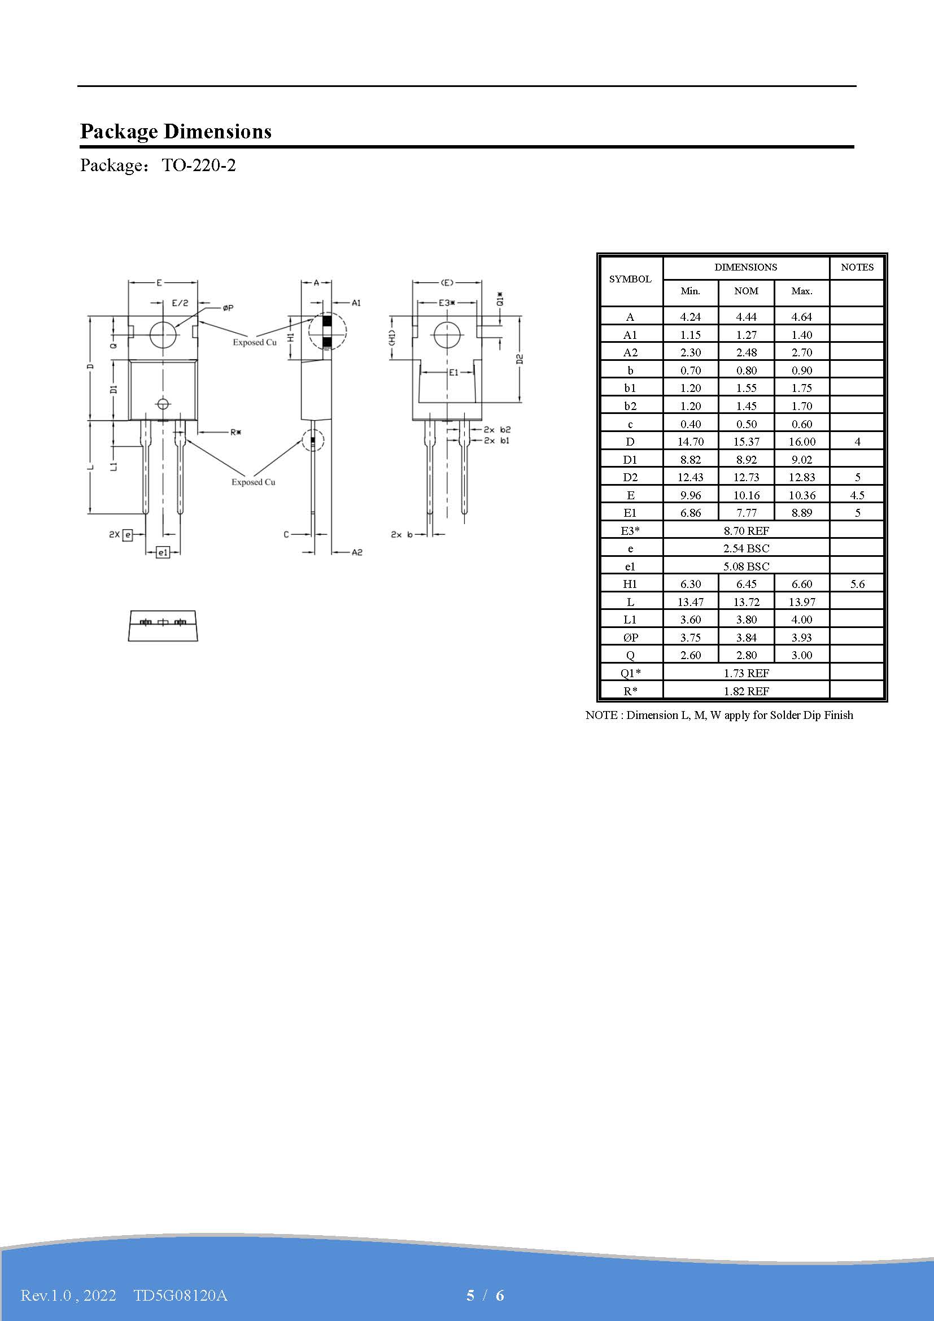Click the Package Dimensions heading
tap(176, 131)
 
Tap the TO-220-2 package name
tap(198, 165)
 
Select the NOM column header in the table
tap(746, 291)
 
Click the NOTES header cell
tap(857, 267)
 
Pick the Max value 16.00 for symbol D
tap(802, 442)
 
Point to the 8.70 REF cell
tap(746, 531)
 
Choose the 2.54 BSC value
tap(746, 549)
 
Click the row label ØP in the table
tap(630, 638)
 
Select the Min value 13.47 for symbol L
tap(690, 603)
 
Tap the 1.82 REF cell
tap(746, 691)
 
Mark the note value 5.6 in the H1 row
tap(857, 585)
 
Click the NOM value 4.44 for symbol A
tap(746, 317)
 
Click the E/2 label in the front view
tap(180, 303)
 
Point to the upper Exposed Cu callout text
tap(254, 342)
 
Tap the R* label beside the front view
tap(235, 432)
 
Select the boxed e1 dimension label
tap(163, 552)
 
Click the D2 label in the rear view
tap(520, 359)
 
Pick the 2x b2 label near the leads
tap(497, 430)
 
